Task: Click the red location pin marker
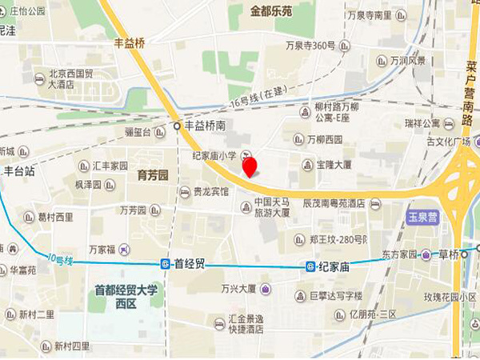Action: click(250, 166)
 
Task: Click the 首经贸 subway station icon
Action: click(165, 263)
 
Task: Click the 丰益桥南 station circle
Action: click(178, 126)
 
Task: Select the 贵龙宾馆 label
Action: click(210, 192)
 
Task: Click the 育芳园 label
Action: click(152, 174)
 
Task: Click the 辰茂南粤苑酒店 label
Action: click(334, 203)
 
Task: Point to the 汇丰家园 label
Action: click(110, 166)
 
